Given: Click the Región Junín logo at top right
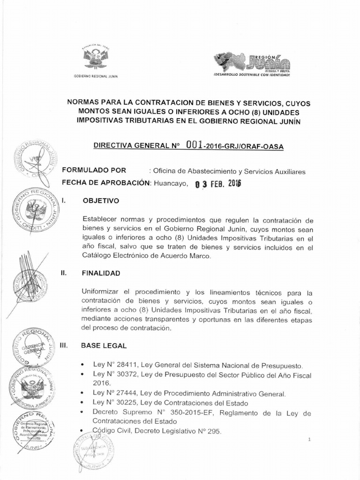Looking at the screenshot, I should point(252,62).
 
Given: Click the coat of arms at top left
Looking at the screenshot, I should point(95,58).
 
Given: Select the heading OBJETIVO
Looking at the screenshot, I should point(101,201).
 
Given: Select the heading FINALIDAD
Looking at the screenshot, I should point(101,273).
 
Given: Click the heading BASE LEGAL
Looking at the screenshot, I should point(104,345).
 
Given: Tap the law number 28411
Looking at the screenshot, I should point(125,365).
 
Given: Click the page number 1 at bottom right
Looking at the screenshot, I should point(310,439).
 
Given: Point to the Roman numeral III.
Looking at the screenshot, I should point(64,345).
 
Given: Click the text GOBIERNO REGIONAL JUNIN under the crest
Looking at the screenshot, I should point(95,76).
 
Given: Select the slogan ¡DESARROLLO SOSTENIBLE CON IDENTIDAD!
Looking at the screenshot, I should point(252,75).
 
